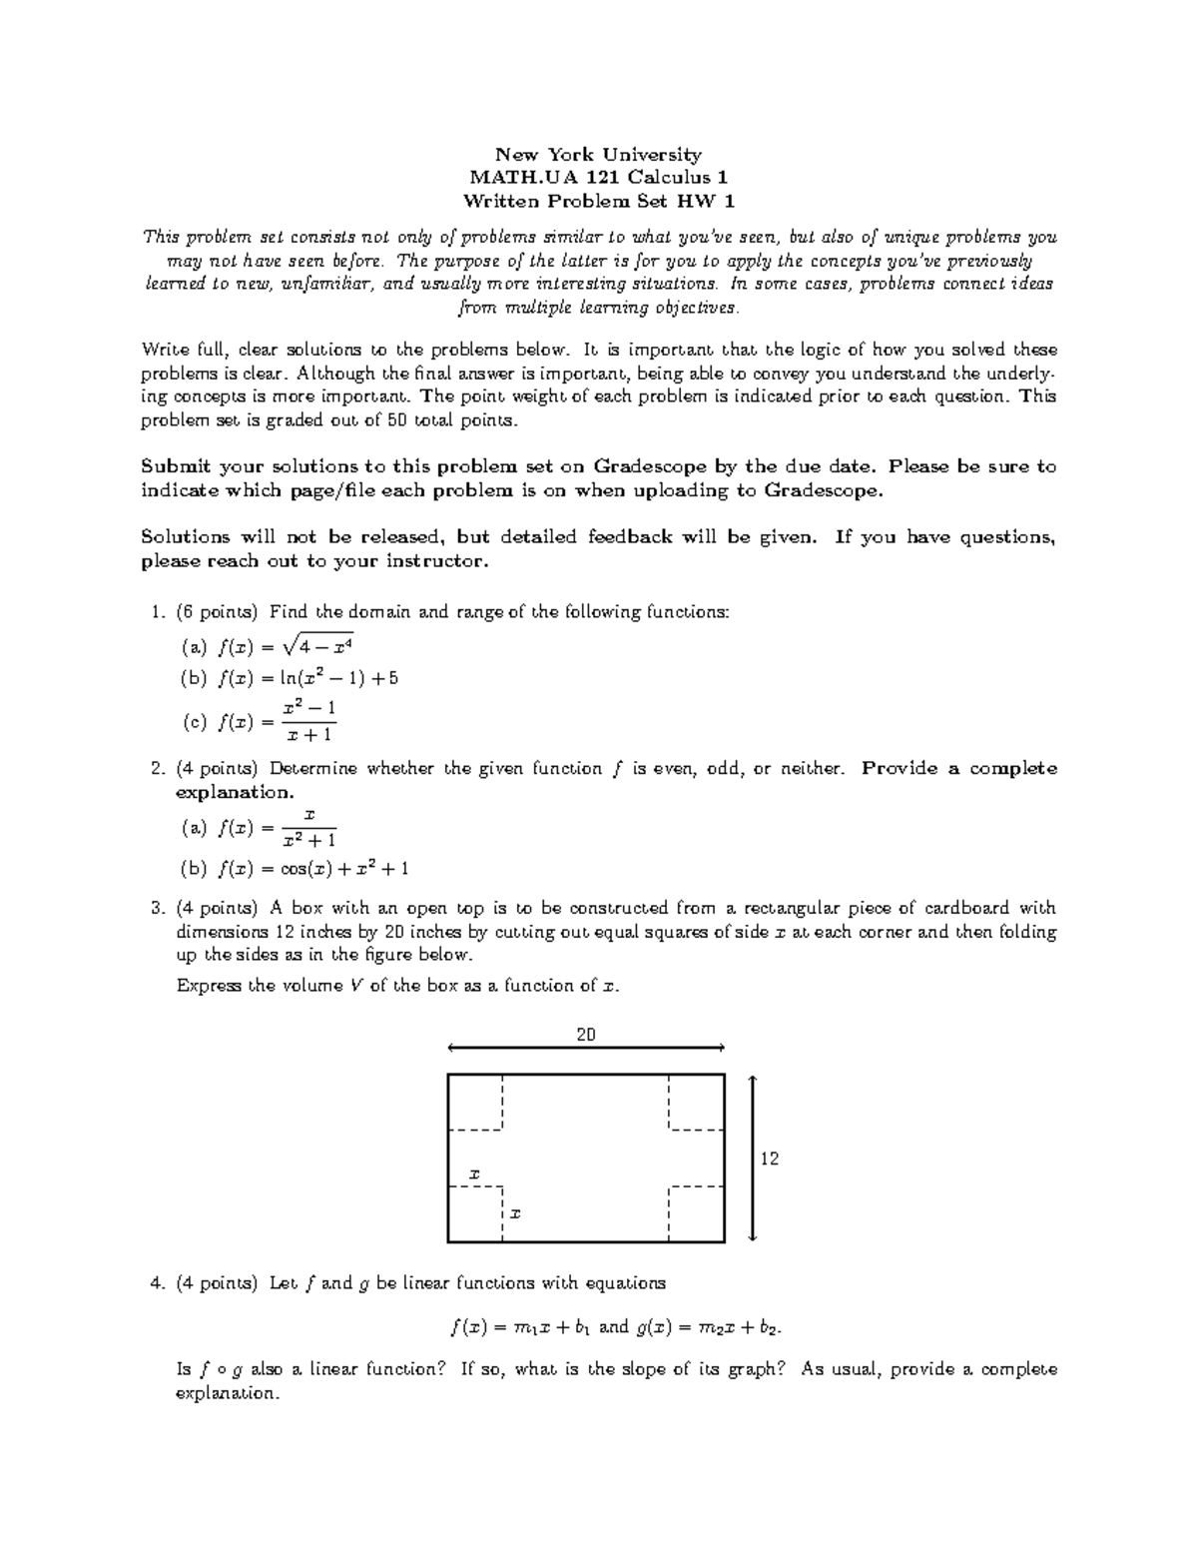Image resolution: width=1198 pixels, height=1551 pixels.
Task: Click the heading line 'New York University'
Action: coord(599,155)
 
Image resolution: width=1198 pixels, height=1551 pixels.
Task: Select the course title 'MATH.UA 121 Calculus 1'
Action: coord(599,178)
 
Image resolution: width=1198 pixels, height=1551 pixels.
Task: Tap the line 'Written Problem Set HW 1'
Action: coord(599,201)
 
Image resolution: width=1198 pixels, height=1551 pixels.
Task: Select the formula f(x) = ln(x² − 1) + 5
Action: coord(307,678)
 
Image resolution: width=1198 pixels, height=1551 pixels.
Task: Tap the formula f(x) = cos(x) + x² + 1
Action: coord(312,869)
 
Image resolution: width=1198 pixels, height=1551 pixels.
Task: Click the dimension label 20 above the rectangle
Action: coord(586,1035)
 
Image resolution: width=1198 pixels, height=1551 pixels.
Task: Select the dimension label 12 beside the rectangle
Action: coord(770,1159)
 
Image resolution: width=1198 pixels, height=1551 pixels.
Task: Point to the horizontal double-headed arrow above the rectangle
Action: coord(586,1048)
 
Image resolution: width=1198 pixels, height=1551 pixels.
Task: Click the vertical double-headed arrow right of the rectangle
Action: coord(753,1158)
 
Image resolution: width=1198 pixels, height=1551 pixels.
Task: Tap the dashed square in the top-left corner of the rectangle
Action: coord(475,1102)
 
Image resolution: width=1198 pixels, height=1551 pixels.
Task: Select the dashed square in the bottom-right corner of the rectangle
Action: coord(697,1214)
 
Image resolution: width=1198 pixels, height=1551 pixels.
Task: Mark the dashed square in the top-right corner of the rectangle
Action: coord(697,1102)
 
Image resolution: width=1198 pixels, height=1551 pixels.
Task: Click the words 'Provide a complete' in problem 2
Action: coord(958,769)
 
